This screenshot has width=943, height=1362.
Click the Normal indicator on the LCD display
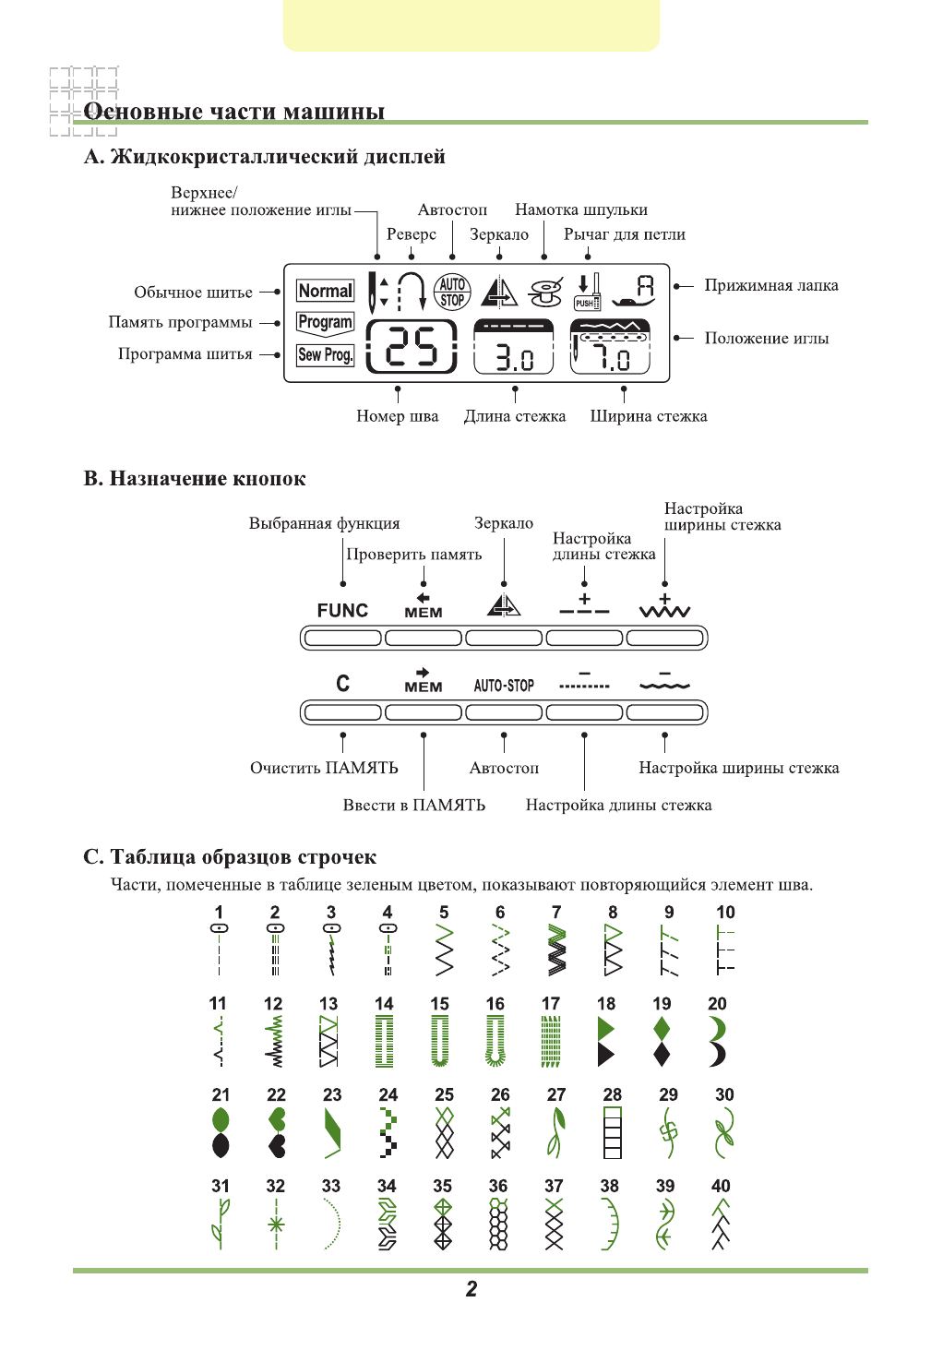pos(326,292)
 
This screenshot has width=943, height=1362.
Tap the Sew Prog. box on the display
pos(325,355)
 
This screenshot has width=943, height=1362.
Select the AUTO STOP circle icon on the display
pos(452,292)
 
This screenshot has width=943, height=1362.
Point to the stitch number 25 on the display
pos(412,348)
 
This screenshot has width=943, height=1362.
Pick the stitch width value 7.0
pos(611,357)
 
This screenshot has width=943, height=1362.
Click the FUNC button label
pos(342,611)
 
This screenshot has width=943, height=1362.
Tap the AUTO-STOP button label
pos(504,686)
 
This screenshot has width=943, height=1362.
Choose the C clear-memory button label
pos(343,684)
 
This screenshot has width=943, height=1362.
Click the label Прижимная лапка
pos(771,286)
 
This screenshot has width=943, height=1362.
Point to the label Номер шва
pos(398,416)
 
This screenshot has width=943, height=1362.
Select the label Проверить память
pos(414,555)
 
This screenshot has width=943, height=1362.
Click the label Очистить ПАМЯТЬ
pos(324,768)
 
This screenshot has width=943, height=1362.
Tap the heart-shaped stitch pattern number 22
pos(277,1133)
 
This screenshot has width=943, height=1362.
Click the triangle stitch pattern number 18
pos(606,1042)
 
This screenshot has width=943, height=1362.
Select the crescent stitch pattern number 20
pos(718,1042)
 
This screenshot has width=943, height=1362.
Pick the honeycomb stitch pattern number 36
pos(498,1225)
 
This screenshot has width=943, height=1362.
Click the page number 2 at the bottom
pos(471,1289)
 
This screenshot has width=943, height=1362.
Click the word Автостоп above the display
pos(452,210)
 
